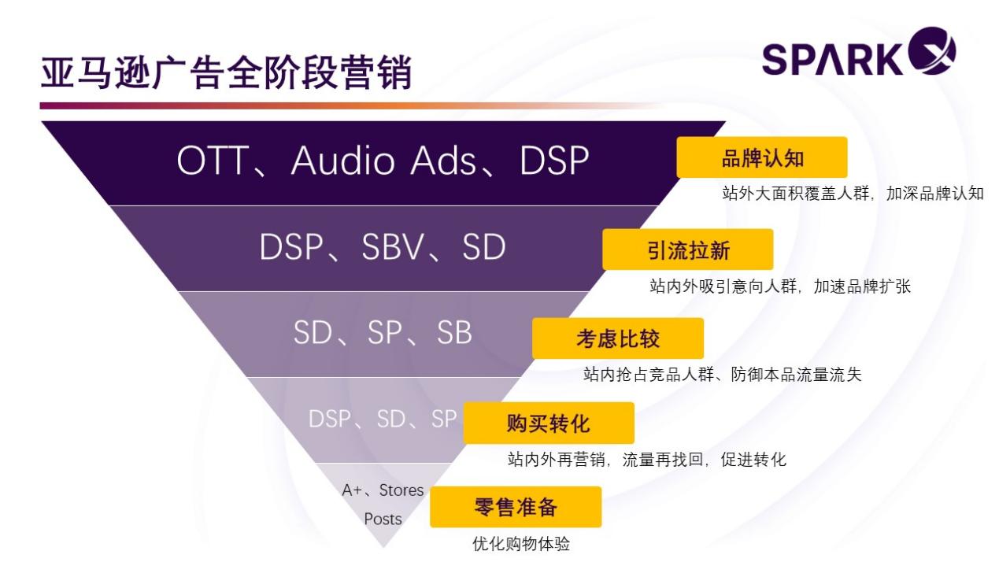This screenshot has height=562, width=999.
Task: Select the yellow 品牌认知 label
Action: pyautogui.click(x=762, y=157)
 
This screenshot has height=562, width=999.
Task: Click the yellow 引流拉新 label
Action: pyautogui.click(x=687, y=250)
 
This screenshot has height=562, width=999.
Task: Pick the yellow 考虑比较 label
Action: pyautogui.click(x=617, y=338)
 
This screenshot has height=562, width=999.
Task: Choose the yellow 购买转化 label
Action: pyautogui.click(x=548, y=423)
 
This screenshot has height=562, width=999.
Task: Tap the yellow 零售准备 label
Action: pyautogui.click(x=516, y=507)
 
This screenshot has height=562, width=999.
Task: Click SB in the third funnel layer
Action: pyautogui.click(x=454, y=334)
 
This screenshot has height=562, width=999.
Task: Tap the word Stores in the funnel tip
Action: pyautogui.click(x=401, y=490)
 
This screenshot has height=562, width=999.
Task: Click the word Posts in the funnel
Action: pyautogui.click(x=383, y=519)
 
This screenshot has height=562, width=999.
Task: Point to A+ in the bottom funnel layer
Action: pyautogui.click(x=352, y=490)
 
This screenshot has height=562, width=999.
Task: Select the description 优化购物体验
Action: pyautogui.click(x=520, y=544)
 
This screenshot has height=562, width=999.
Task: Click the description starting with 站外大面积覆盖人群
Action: pyautogui.click(x=853, y=194)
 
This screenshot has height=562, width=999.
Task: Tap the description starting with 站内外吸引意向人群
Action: pyautogui.click(x=779, y=287)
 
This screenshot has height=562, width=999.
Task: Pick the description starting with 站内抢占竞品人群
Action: pyautogui.click(x=722, y=375)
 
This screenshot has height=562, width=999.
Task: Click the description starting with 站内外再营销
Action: pyautogui.click(x=646, y=460)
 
